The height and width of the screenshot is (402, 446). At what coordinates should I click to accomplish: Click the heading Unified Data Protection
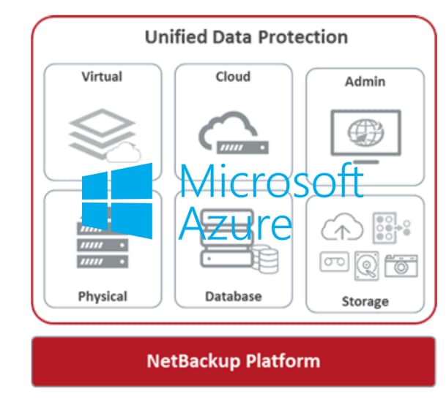(x=246, y=37)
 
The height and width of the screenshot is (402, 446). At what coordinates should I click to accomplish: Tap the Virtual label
(x=102, y=77)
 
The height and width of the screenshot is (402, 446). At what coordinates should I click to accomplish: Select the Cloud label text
(x=233, y=77)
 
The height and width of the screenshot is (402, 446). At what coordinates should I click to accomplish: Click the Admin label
(x=365, y=82)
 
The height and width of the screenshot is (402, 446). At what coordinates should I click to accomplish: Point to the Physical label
(x=103, y=297)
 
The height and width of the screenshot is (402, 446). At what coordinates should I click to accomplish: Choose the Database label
(x=234, y=297)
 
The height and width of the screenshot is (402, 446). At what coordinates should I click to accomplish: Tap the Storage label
(x=365, y=302)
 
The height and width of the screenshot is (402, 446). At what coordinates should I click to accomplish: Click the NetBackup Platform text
(x=234, y=361)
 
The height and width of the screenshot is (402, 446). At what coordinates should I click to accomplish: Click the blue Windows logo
(x=117, y=201)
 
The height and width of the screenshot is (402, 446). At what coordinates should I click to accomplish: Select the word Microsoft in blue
(x=272, y=181)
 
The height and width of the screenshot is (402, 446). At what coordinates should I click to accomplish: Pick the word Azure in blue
(x=236, y=224)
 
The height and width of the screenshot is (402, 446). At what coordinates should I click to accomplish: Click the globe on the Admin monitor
(x=365, y=132)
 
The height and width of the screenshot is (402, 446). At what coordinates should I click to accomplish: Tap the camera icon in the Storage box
(x=401, y=266)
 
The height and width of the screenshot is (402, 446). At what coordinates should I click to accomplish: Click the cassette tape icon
(x=335, y=262)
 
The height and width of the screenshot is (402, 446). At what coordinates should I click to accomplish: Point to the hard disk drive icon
(x=367, y=266)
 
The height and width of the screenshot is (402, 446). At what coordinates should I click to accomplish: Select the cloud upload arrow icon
(x=342, y=227)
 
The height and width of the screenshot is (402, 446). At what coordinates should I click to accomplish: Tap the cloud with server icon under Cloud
(x=233, y=133)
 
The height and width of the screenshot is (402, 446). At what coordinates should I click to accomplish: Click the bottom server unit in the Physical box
(x=103, y=262)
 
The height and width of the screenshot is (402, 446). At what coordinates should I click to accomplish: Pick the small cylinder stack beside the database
(x=267, y=259)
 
